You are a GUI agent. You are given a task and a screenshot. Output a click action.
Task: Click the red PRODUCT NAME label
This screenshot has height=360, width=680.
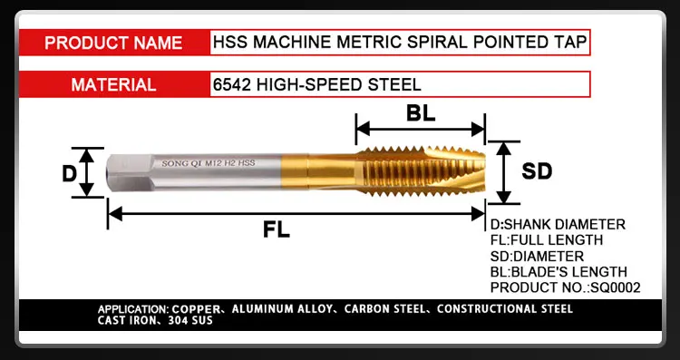113,42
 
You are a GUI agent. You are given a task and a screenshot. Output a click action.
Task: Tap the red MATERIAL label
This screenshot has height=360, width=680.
113,84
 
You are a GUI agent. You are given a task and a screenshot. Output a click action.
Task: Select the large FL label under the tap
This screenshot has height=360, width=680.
277,229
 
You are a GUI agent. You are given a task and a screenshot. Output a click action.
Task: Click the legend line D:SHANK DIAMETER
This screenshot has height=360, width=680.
557,224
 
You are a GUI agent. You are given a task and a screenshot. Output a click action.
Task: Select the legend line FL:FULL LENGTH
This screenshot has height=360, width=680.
546,240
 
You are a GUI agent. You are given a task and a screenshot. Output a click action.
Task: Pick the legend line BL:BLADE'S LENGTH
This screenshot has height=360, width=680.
558,272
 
